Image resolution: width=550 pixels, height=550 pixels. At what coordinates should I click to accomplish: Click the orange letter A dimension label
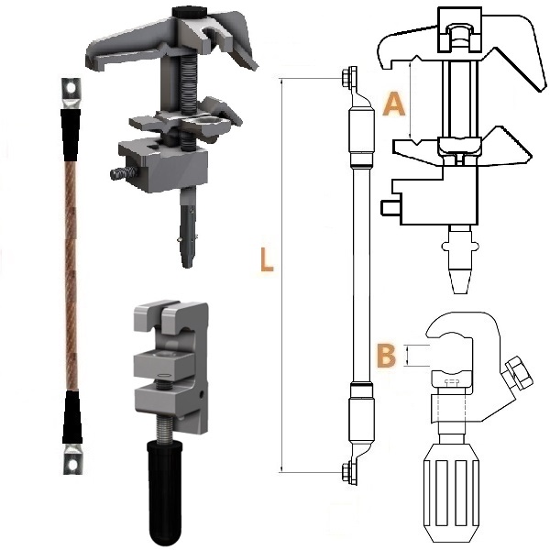[x=394, y=104]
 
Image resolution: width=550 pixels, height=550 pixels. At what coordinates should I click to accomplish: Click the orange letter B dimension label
[x=386, y=356]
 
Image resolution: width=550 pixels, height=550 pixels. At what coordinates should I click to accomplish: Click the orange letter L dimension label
[x=267, y=259]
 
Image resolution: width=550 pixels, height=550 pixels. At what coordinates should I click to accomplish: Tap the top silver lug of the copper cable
[x=71, y=93]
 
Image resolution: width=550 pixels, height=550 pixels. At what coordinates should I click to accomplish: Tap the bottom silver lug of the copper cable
[x=72, y=459]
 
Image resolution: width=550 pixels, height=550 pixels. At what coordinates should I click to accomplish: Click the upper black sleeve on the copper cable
[x=71, y=135]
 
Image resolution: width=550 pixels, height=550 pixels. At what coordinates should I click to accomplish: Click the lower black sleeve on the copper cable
[x=72, y=417]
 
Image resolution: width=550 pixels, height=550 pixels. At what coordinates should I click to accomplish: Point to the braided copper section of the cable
[x=71, y=276]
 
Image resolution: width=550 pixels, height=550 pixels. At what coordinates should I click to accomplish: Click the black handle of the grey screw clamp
[x=165, y=493]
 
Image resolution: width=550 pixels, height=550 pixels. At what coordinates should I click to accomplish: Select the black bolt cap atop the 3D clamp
[x=190, y=13]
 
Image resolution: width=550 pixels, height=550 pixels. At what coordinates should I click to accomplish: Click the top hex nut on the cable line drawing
[x=348, y=76]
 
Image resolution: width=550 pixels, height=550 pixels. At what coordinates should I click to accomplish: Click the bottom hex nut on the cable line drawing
[x=348, y=471]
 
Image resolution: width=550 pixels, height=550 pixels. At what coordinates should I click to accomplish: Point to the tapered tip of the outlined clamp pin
[x=459, y=281]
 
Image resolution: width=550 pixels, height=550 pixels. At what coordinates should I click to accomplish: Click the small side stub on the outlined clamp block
[x=390, y=207]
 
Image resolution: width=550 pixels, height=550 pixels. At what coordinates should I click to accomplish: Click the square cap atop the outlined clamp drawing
[x=459, y=29]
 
